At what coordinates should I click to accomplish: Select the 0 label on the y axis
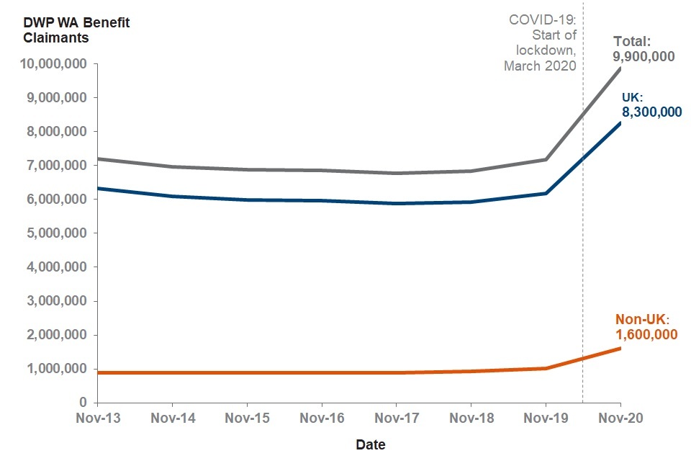83,403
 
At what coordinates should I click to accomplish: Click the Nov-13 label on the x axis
97,419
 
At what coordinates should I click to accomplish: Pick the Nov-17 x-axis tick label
396,419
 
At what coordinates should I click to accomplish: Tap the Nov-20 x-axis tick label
620,419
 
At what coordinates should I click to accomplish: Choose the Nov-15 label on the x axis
247,419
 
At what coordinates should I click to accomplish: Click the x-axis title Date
371,444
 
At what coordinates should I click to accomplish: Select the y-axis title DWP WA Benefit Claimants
68,30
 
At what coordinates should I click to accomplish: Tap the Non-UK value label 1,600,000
646,334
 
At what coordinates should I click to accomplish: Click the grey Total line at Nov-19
546,159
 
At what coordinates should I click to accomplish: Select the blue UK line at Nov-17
396,203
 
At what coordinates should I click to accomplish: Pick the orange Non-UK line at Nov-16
321,372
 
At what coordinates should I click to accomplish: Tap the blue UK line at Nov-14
172,196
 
